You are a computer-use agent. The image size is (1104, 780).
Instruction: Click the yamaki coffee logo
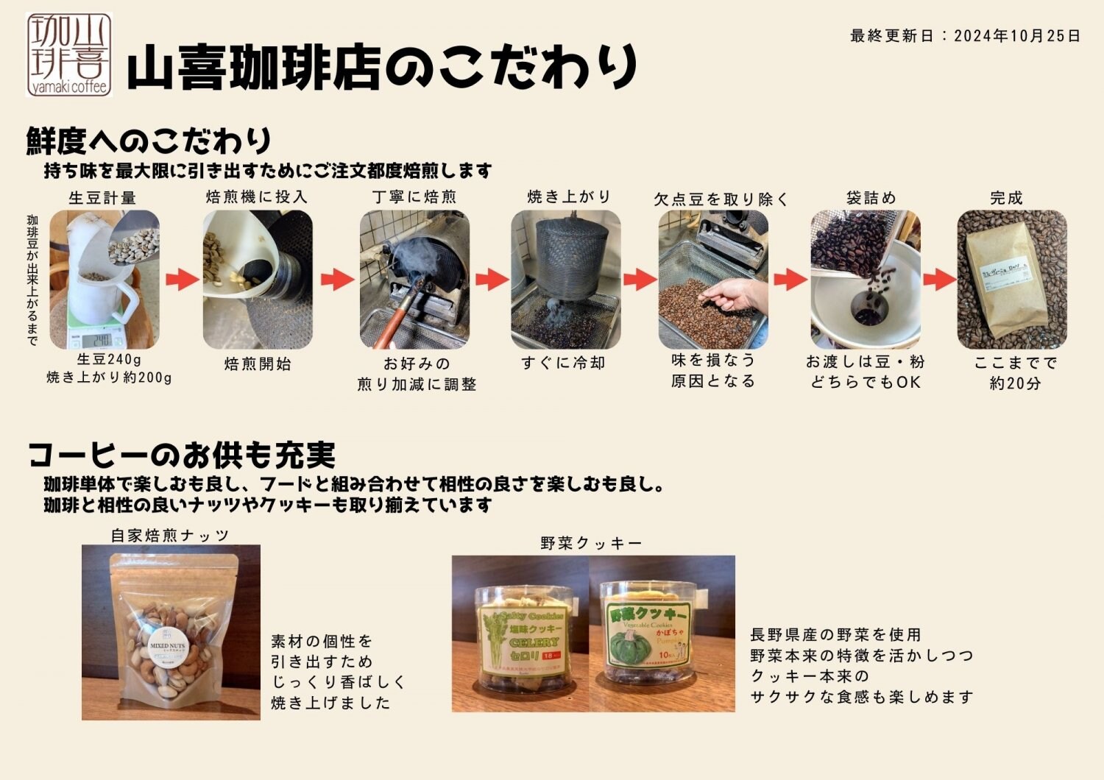click(x=69, y=55)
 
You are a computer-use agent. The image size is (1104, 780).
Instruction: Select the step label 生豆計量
click(x=102, y=197)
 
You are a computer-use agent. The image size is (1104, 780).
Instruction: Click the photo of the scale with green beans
click(x=105, y=280)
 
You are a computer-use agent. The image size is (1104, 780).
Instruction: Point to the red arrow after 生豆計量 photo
click(x=182, y=280)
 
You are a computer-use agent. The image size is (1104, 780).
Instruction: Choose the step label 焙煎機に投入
click(x=256, y=196)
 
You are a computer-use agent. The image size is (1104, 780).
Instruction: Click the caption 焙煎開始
click(x=258, y=364)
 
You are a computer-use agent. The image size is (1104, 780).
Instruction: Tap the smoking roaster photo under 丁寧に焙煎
click(x=414, y=280)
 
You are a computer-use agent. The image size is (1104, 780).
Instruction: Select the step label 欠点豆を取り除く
click(x=721, y=199)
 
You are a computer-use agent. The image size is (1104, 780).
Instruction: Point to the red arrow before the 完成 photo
click(x=939, y=280)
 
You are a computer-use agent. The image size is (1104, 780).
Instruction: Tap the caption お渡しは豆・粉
click(x=866, y=361)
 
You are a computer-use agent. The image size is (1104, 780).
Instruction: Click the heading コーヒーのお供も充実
click(x=182, y=455)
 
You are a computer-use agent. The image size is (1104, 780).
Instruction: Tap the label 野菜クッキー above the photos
click(x=591, y=543)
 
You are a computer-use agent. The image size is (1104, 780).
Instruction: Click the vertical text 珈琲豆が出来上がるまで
click(x=32, y=280)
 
